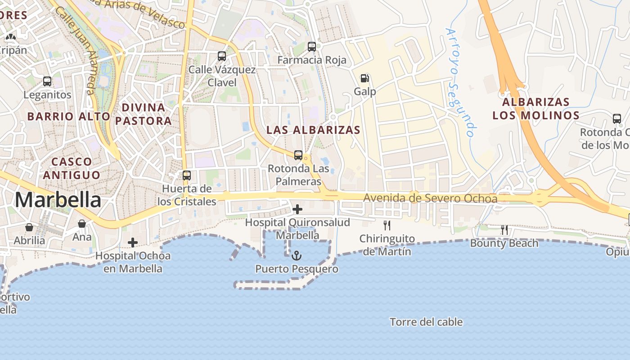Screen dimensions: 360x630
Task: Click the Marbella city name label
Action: (58, 200)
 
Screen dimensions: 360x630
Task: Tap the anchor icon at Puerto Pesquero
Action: (297, 256)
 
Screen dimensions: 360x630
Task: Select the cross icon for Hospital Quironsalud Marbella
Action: (297, 209)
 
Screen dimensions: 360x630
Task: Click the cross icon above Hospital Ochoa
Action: (133, 243)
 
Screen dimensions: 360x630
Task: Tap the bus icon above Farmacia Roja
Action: (312, 46)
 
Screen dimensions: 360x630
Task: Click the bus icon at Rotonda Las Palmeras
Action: (298, 155)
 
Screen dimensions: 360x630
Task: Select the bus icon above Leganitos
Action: (47, 81)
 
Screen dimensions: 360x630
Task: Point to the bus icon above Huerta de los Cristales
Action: (187, 175)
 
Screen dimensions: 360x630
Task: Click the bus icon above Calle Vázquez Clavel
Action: (222, 56)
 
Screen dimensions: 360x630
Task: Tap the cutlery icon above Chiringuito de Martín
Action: (387, 225)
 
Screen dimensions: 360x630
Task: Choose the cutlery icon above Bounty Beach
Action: (504, 230)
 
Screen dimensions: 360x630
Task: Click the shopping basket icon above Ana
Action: (82, 224)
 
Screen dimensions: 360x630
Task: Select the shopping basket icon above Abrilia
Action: (29, 227)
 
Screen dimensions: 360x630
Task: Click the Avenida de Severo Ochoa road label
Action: (430, 198)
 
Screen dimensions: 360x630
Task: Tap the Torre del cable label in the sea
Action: (426, 322)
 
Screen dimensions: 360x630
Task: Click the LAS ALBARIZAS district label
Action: (313, 130)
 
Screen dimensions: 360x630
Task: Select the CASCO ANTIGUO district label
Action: (72, 168)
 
